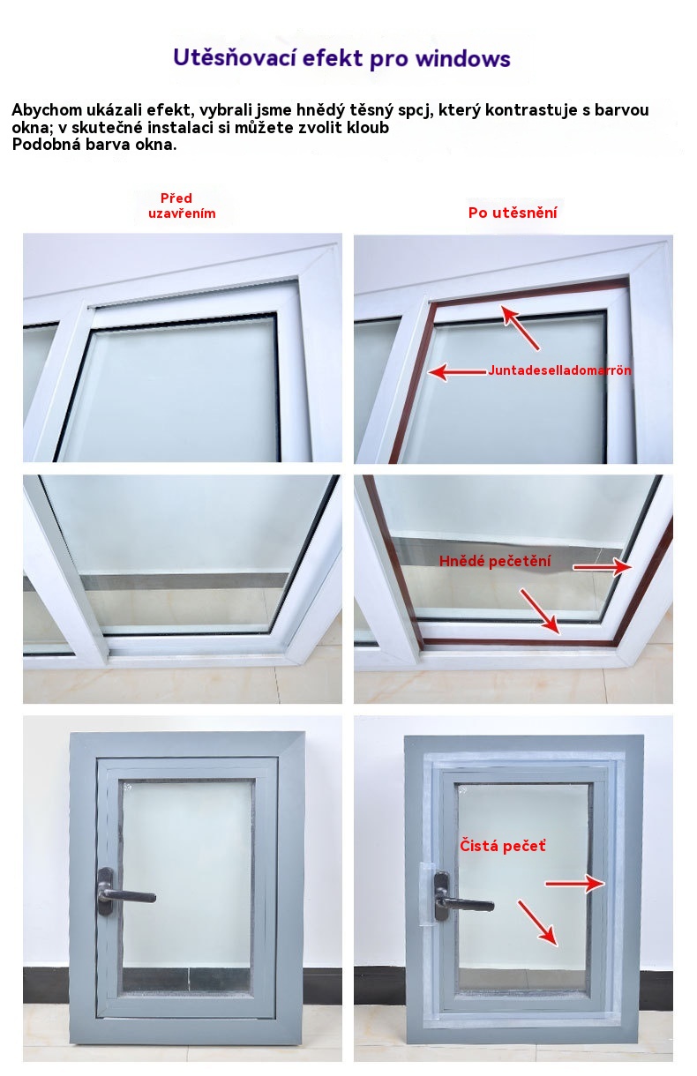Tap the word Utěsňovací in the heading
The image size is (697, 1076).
tap(234, 57)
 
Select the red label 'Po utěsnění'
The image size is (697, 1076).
tap(513, 213)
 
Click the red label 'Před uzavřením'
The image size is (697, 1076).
tap(182, 205)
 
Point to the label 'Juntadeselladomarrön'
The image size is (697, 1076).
tap(559, 370)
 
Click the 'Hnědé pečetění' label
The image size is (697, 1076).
tap(495, 561)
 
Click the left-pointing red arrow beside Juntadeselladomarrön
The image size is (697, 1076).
tap(457, 372)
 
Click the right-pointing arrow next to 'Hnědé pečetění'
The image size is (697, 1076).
tap(603, 567)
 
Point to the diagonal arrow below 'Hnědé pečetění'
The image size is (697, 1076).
tap(540, 611)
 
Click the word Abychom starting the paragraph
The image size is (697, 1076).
tap(47, 110)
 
